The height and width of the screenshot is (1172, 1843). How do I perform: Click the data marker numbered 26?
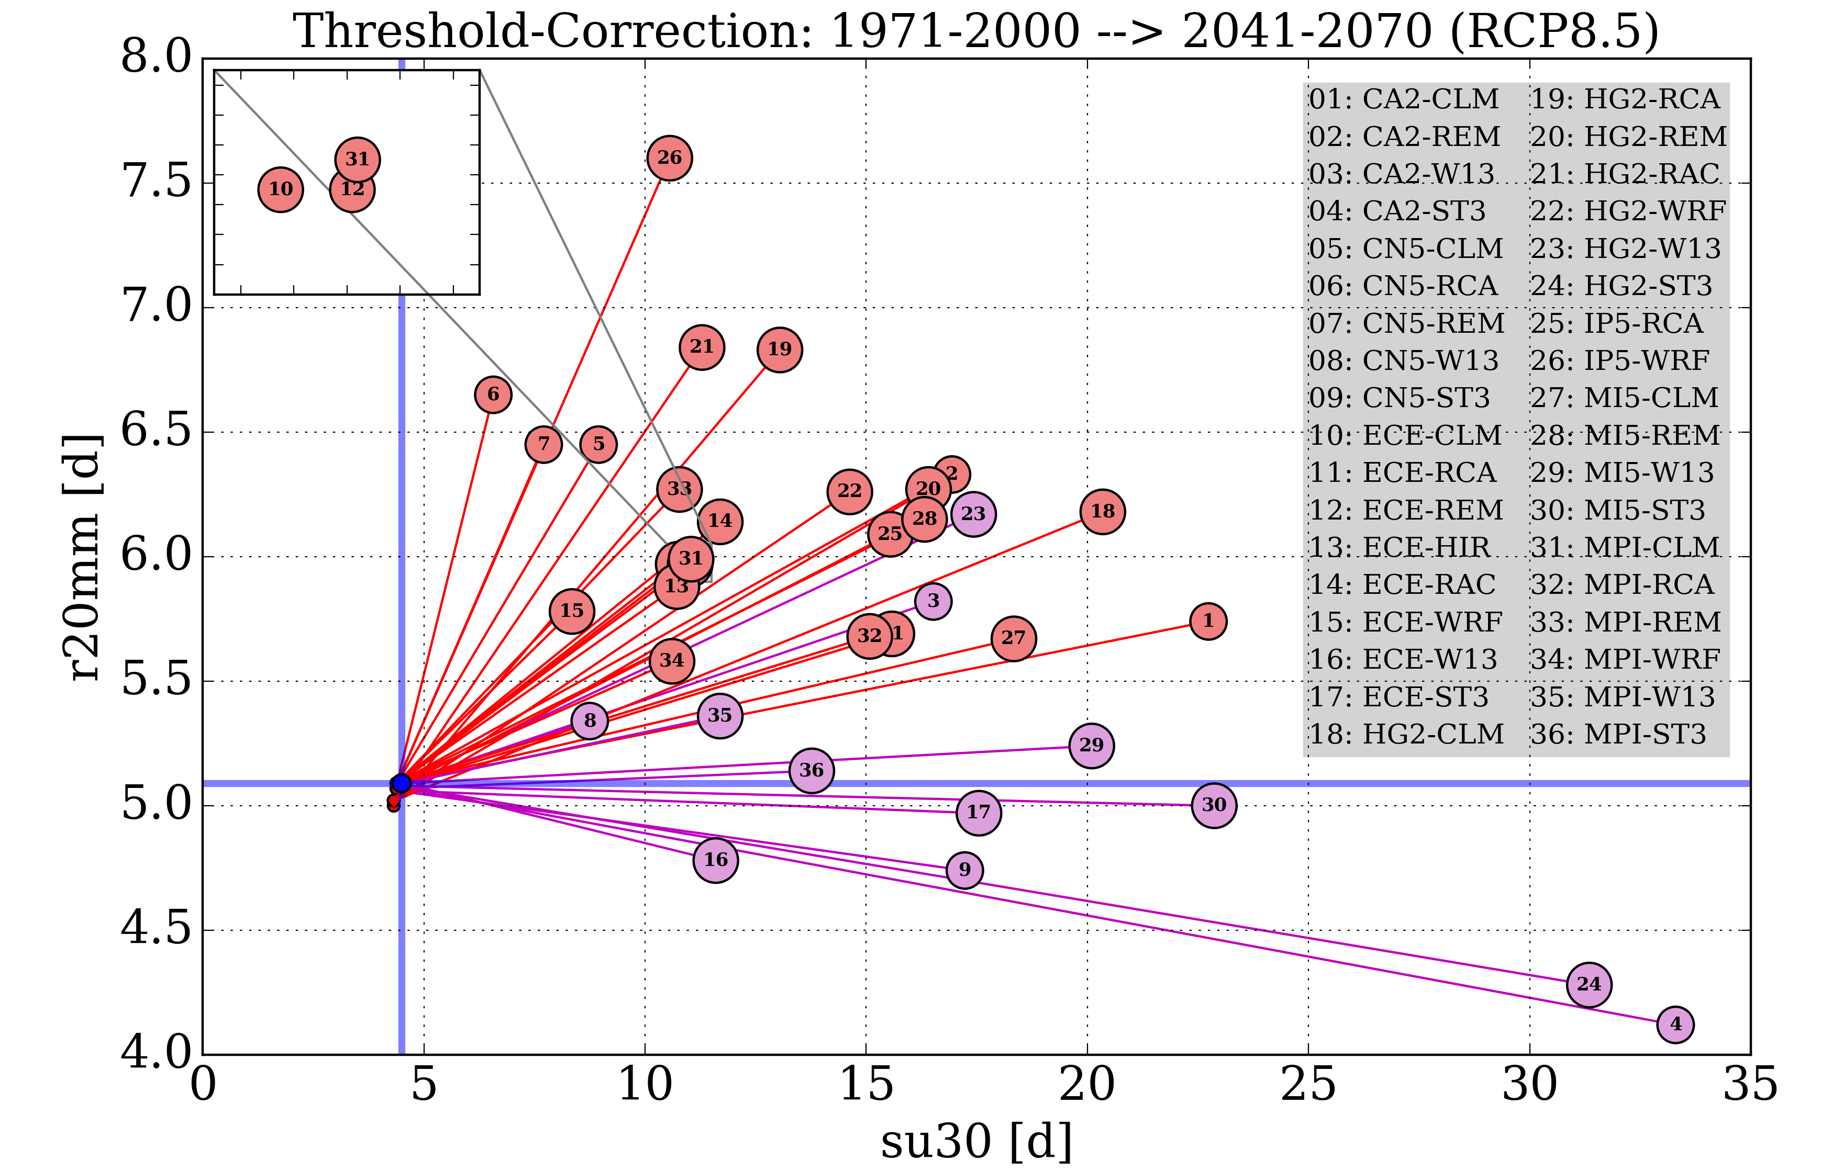[x=670, y=159]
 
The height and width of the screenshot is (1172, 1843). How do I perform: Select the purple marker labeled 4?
[x=1675, y=1024]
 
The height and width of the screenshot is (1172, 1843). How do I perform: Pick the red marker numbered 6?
[x=493, y=395]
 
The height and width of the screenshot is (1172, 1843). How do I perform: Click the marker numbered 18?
[x=1103, y=512]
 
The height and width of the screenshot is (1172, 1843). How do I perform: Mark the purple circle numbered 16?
[x=716, y=860]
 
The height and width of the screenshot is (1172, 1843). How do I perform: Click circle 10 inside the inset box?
[x=281, y=190]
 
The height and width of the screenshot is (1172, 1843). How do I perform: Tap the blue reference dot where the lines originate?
[x=402, y=783]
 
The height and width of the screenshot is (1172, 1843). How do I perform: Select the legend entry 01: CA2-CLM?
[x=1404, y=99]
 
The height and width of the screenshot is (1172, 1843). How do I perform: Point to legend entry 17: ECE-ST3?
[x=1398, y=697]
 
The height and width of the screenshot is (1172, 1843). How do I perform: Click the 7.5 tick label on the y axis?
[x=156, y=183]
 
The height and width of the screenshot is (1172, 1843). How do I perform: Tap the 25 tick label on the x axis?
[x=1308, y=1085]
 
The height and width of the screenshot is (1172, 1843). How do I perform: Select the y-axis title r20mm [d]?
[x=83, y=557]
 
